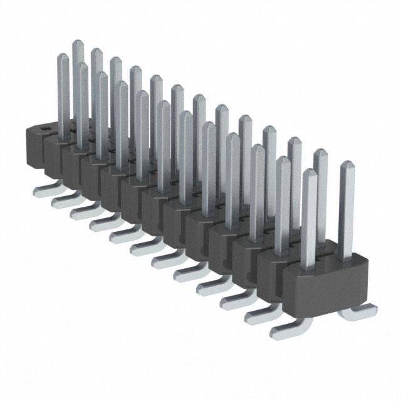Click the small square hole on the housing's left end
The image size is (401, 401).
pos(45,130)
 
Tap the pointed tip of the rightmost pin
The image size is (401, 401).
pos(346,165)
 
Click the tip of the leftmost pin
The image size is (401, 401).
pos(62,57)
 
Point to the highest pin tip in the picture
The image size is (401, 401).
pos(78,43)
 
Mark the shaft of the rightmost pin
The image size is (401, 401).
pos(346,213)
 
